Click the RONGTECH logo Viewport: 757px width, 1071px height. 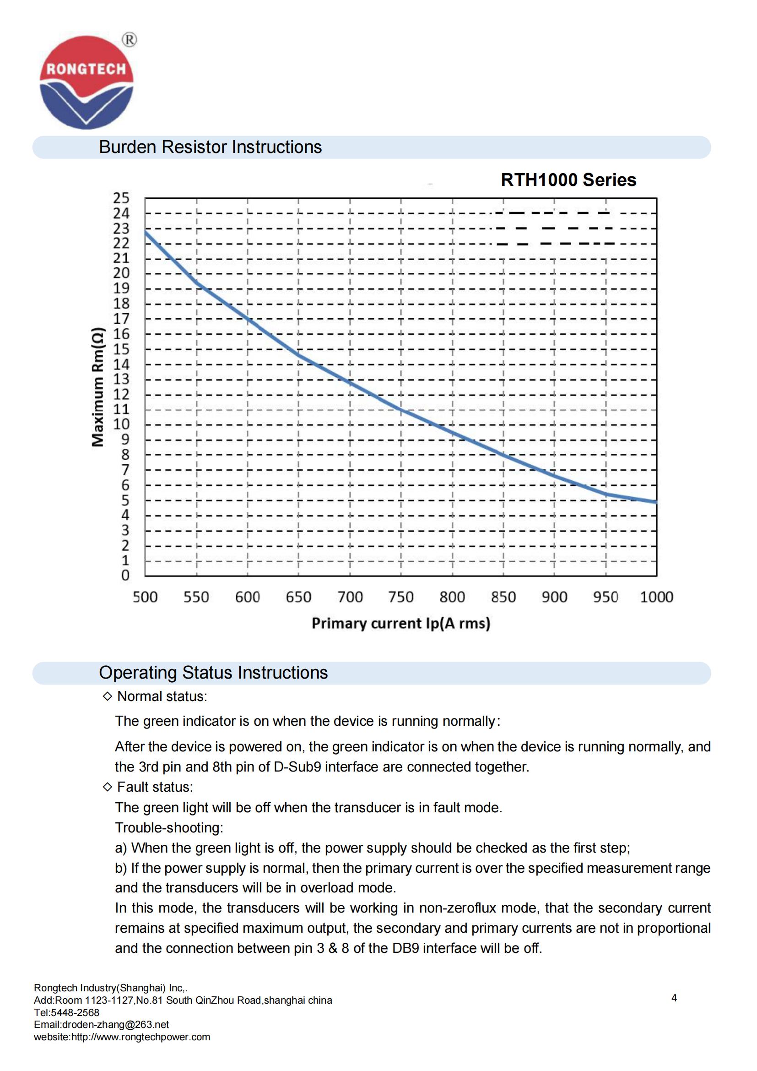[87, 82]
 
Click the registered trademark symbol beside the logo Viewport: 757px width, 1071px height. [130, 40]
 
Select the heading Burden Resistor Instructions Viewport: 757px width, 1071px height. [210, 147]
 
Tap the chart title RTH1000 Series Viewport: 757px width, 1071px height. [568, 179]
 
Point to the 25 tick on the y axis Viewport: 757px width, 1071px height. [121, 198]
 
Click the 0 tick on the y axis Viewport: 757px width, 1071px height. [125, 575]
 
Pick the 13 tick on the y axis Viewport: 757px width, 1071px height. [121, 379]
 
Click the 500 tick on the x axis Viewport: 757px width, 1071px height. [145, 597]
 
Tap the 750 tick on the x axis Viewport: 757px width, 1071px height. [401, 597]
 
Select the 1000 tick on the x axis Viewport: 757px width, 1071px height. [656, 597]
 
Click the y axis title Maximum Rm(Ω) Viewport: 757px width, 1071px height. [98, 387]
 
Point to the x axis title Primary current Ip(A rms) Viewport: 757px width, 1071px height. [401, 624]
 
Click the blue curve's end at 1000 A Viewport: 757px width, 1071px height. [656, 502]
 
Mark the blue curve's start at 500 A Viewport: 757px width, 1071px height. [146, 231]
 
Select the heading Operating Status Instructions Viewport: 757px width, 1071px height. [213, 673]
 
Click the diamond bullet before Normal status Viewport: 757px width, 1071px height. [107, 696]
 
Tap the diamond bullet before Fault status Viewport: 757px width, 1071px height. [107, 787]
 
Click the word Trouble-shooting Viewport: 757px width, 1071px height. [169, 827]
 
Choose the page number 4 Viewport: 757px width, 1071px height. [674, 998]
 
